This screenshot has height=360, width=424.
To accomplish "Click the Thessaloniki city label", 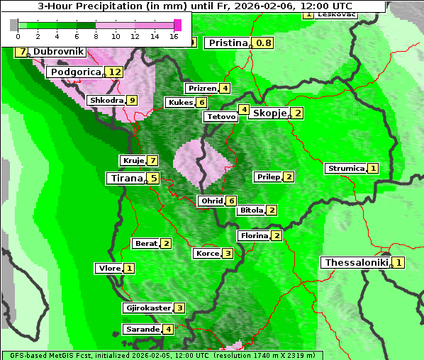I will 356,263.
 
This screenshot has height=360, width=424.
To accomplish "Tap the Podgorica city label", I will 74,72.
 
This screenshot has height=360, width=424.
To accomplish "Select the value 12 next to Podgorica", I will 115,72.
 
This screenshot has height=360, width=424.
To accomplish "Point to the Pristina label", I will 228,43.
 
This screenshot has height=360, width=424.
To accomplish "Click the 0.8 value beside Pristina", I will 264,43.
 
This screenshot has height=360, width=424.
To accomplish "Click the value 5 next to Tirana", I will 153,179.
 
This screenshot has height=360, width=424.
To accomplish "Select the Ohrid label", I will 211,201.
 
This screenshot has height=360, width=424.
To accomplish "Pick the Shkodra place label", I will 106,101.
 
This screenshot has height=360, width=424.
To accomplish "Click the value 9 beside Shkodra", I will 131,101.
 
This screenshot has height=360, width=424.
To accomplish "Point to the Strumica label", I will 345,169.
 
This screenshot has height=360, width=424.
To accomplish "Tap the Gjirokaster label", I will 147,308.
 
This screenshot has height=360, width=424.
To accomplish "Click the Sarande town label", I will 142,330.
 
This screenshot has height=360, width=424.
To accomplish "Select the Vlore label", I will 108,269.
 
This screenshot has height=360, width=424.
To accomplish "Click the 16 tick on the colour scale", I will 174,36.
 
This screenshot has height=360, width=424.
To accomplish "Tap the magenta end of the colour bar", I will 178,25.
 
